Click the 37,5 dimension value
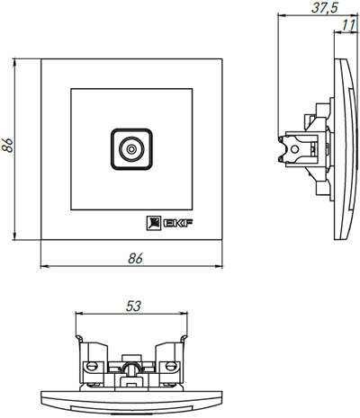click(x=325, y=7)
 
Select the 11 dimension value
click(x=348, y=25)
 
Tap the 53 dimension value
click(x=133, y=306)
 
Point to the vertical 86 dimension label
click(x=6, y=146)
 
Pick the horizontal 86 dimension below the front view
click(x=135, y=258)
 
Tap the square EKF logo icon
click(x=154, y=223)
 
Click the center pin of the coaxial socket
click(x=131, y=149)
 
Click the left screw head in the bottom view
click(x=92, y=366)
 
